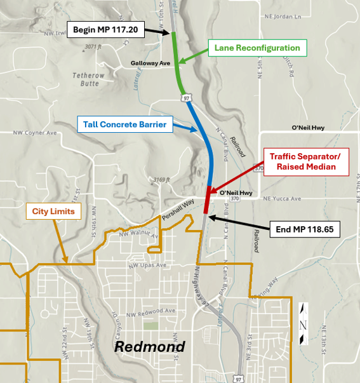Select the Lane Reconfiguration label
tap(257, 48)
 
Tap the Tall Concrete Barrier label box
tap(124, 124)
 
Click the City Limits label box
tap(54, 212)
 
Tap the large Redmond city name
tap(149, 347)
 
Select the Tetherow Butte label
tap(87, 79)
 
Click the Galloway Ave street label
tap(150, 64)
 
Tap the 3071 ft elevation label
tap(93, 47)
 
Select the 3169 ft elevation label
tap(161, 180)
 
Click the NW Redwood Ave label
tap(150, 311)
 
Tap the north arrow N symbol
tap(303, 324)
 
